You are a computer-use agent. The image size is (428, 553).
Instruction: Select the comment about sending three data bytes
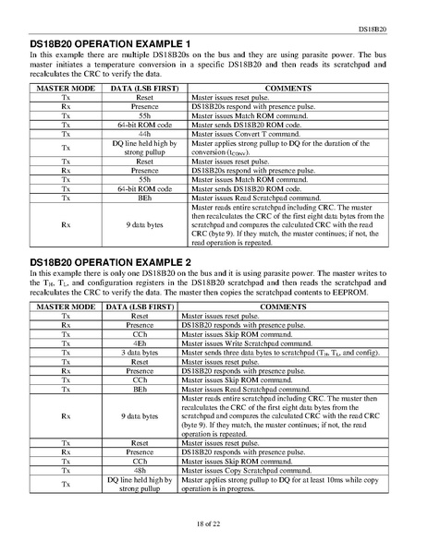pyautogui.click(x=278, y=353)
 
